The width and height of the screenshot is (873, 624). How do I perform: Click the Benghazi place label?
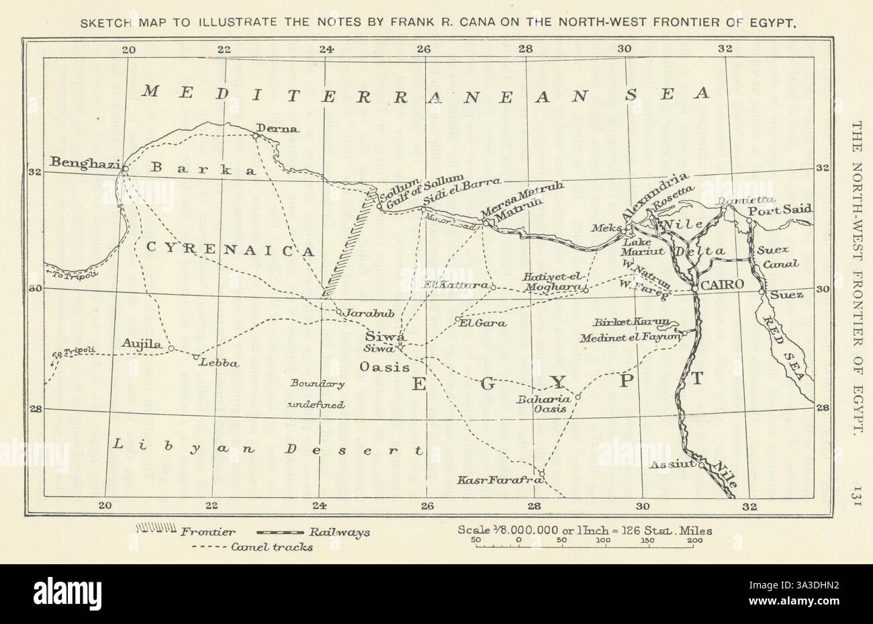pyautogui.click(x=84, y=163)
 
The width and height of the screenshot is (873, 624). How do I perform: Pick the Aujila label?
pyautogui.click(x=142, y=344)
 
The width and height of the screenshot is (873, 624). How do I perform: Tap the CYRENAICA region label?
pyautogui.click(x=230, y=251)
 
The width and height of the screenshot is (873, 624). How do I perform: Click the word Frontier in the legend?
pyautogui.click(x=208, y=532)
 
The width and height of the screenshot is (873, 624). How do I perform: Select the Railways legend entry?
pyautogui.click(x=339, y=532)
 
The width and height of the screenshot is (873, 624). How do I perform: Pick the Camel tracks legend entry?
pyautogui.click(x=271, y=547)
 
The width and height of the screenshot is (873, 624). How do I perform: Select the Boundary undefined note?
pyautogui.click(x=316, y=394)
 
